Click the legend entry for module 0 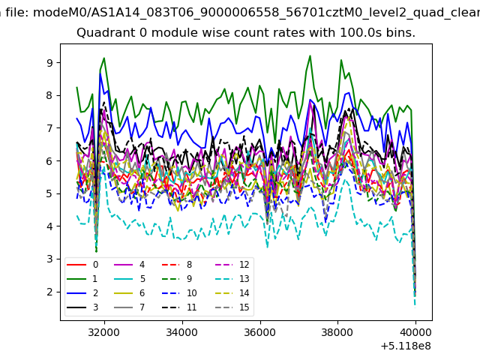94,265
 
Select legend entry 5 142,279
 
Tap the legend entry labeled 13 244,279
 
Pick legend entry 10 190,293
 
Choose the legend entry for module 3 94,307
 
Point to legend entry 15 244,307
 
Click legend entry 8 189,265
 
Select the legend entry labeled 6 142,293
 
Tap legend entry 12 244,265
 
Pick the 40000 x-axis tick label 415,331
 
